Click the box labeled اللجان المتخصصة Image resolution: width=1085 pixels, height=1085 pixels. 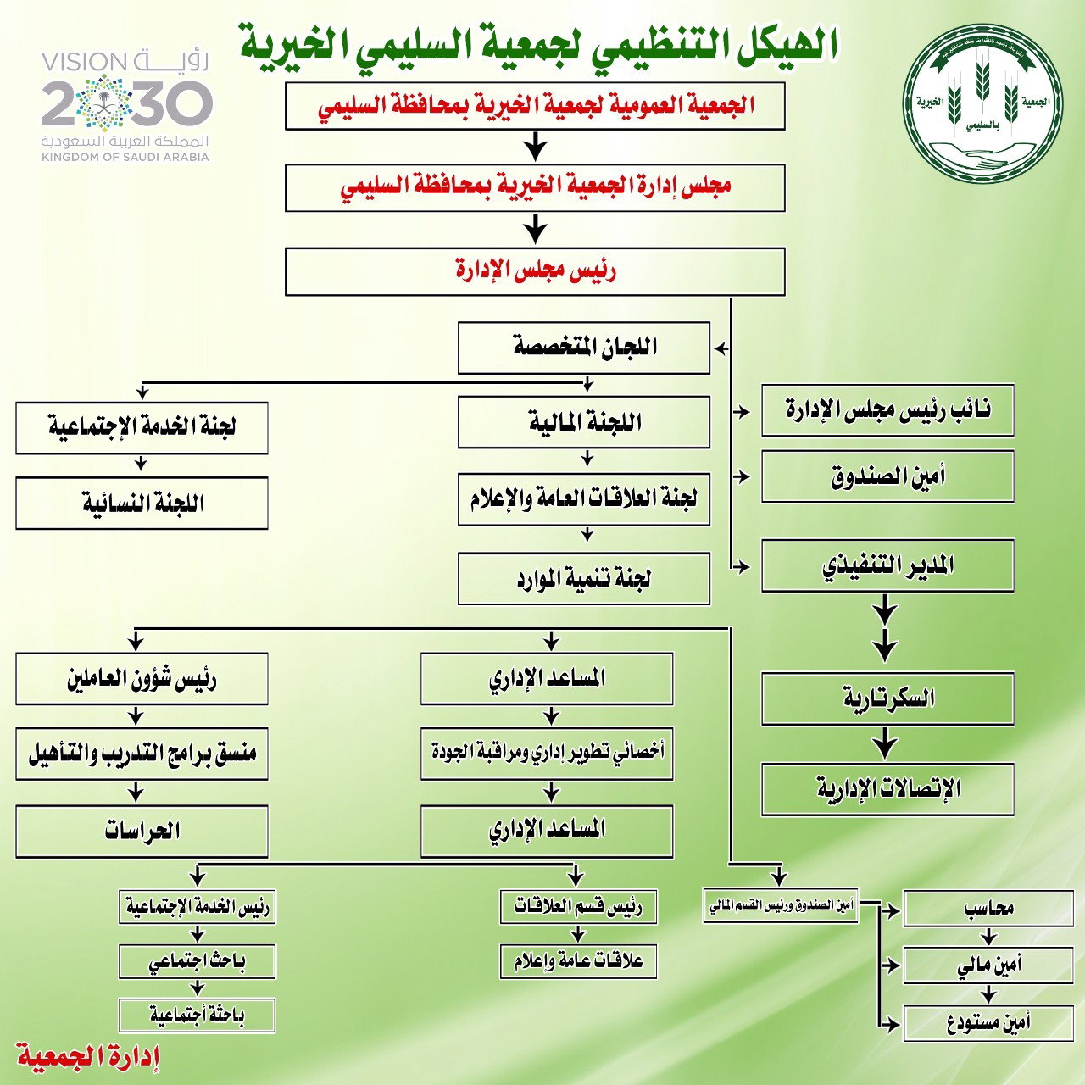pyautogui.click(x=584, y=348)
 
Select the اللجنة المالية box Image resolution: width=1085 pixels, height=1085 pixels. pyautogui.click(x=584, y=422)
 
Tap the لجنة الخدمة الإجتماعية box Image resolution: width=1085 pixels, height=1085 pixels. pyautogui.click(x=142, y=428)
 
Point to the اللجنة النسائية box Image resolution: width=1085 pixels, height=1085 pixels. pyautogui.click(x=142, y=504)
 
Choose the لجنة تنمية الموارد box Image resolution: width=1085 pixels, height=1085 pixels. pyautogui.click(x=584, y=579)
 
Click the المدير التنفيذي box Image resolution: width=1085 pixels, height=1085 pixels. pyautogui.click(x=887, y=566)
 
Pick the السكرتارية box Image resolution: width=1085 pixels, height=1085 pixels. pyautogui.click(x=887, y=698)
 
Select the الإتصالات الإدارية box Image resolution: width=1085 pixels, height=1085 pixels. pyautogui.click(x=887, y=789)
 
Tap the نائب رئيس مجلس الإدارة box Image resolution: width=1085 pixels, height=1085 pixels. pyautogui.click(x=887, y=410)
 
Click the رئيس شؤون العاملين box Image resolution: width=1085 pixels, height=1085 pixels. pyautogui.click(x=142, y=679)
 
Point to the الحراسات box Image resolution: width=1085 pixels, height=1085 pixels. pyautogui.click(x=142, y=831)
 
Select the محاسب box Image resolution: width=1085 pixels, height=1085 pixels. pyautogui.click(x=988, y=909)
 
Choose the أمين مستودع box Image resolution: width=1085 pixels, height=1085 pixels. pyautogui.click(x=988, y=1023)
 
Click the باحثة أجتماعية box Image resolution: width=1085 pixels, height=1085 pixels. pyautogui.click(x=197, y=1015)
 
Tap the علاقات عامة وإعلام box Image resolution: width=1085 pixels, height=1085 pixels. pyautogui.click(x=578, y=961)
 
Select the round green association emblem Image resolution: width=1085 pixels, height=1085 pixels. pyautogui.click(x=982, y=103)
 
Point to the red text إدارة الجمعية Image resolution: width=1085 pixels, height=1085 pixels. pyautogui.click(x=88, y=1057)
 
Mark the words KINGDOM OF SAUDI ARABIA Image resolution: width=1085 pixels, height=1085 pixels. pyautogui.click(x=125, y=157)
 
